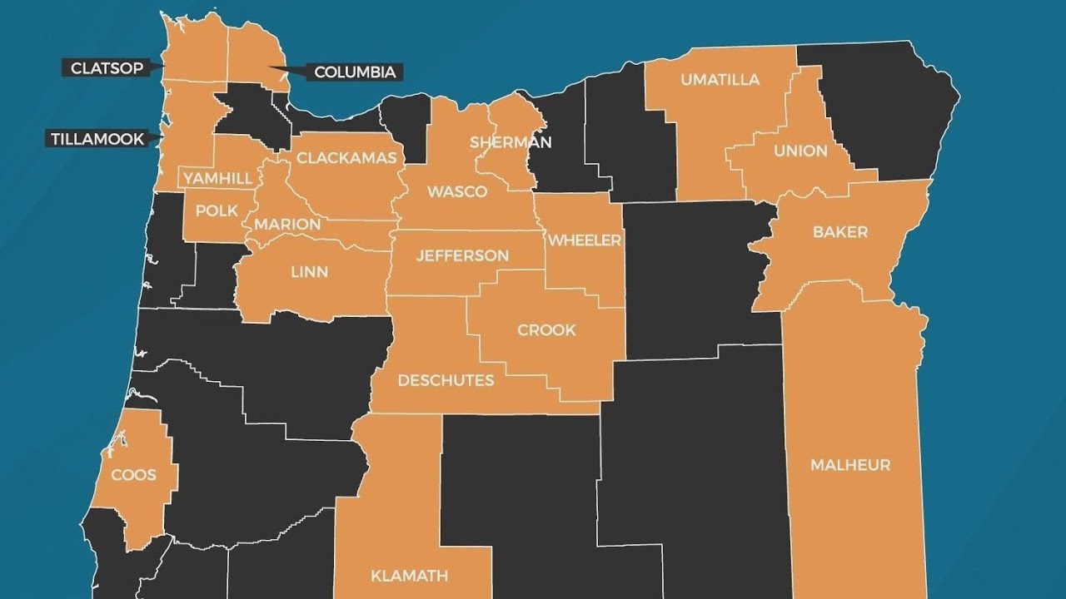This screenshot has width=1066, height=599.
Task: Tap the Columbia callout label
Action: click(355, 72)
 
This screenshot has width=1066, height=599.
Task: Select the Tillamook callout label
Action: click(97, 139)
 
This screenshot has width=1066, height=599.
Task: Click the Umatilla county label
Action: click(720, 80)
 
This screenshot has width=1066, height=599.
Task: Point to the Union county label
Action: click(800, 151)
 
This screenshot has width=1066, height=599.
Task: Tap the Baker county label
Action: click(840, 232)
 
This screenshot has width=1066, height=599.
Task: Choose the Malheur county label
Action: click(850, 465)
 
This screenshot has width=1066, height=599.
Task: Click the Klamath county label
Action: click(409, 576)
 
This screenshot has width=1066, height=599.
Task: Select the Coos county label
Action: click(134, 475)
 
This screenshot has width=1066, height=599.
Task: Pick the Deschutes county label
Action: click(446, 381)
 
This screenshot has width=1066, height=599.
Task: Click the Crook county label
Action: click(546, 330)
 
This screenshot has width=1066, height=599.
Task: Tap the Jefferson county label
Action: click(462, 255)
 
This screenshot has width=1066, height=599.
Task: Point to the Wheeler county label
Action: click(585, 240)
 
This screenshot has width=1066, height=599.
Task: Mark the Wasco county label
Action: click(457, 192)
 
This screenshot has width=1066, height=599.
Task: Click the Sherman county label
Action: click(511, 142)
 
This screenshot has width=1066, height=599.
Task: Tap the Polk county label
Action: click(217, 210)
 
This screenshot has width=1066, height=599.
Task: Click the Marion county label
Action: click(287, 225)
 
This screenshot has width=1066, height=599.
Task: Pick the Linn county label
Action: click(310, 272)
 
